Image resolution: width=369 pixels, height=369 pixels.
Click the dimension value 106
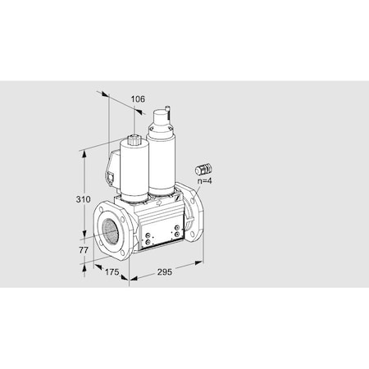pos(138,99)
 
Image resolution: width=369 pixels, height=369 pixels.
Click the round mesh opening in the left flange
pos(110,232)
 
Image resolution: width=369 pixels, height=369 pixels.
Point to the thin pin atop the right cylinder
pos(170,108)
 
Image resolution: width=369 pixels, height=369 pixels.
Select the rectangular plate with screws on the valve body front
pos(150,237)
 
